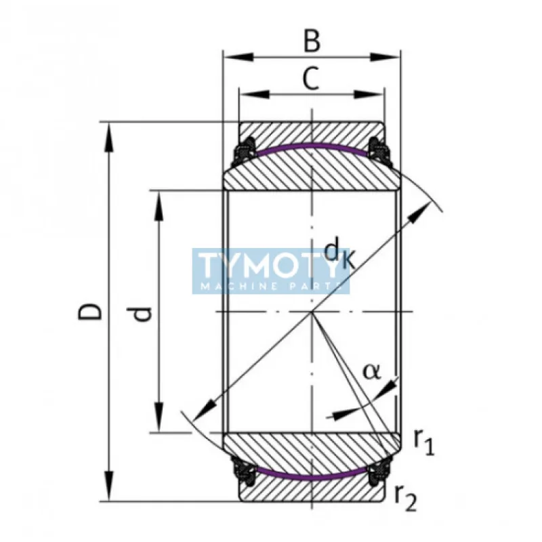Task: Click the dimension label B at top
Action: (x=311, y=41)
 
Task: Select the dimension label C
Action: (x=310, y=80)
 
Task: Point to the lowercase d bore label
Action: (x=142, y=313)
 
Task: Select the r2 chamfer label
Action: (x=405, y=499)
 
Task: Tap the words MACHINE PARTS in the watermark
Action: (x=271, y=287)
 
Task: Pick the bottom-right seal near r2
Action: (x=379, y=472)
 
